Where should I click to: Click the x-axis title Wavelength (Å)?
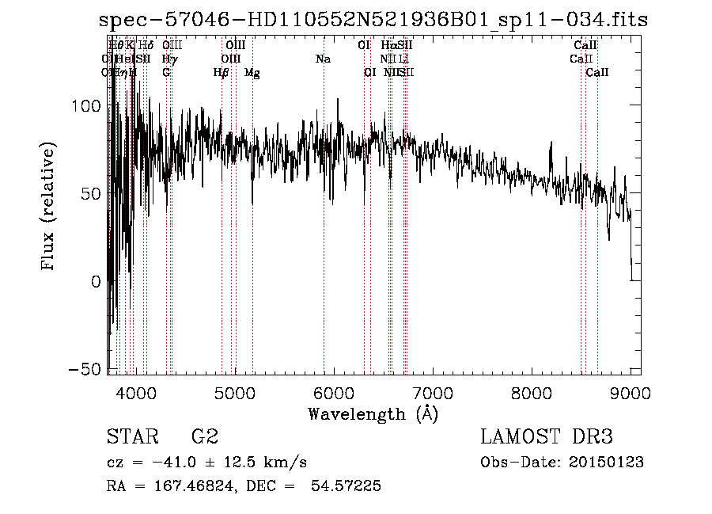[373, 413]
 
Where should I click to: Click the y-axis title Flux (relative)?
[49, 207]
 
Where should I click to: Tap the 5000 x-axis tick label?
[234, 393]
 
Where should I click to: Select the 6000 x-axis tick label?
[334, 393]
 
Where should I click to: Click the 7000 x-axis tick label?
[433, 393]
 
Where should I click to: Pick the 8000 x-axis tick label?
[532, 393]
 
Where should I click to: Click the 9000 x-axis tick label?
[631, 393]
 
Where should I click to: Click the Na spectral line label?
[323, 59]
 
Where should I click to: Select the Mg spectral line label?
[252, 73]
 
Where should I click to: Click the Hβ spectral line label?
[222, 73]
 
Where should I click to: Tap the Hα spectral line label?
[388, 46]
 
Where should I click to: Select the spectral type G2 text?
[205, 437]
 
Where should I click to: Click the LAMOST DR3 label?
[547, 437]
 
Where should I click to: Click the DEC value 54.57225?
[348, 486]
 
